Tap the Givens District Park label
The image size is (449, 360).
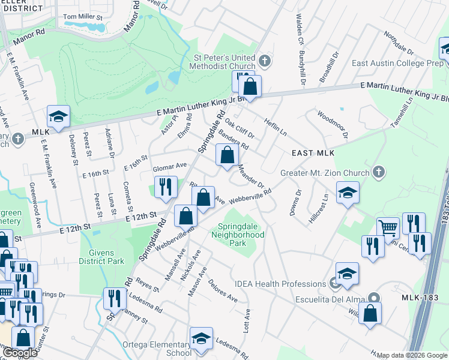102,257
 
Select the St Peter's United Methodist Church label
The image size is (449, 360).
223,62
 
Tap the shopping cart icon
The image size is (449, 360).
388,229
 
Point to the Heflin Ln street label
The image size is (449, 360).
276,127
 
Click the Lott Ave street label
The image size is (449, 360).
246,322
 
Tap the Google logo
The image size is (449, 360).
20,353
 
